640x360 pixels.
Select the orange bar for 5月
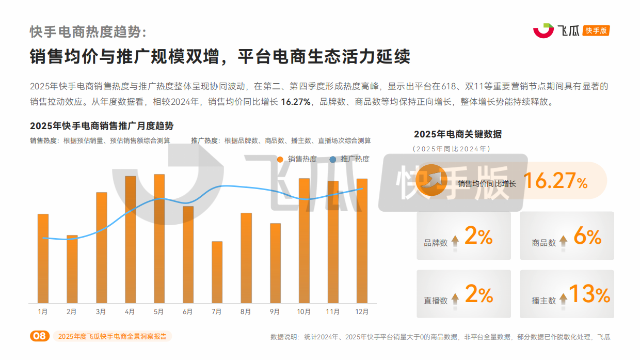(x=159, y=239)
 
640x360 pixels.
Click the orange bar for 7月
(x=217, y=272)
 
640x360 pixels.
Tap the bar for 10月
(x=304, y=241)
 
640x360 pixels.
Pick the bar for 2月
(x=72, y=269)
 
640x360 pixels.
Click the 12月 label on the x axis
(x=362, y=312)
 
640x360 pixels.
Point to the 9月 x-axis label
(x=275, y=312)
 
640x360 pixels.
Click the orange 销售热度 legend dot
(x=280, y=159)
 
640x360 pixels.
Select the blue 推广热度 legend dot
(x=333, y=159)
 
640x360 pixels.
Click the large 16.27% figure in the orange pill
(x=556, y=181)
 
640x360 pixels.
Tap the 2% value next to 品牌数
(x=478, y=237)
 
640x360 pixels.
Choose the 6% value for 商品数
(x=587, y=237)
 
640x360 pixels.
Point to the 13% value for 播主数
(x=589, y=294)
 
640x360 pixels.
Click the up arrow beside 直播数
(x=455, y=299)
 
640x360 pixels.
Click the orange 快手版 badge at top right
(x=596, y=31)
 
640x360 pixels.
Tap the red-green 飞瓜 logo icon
(x=543, y=31)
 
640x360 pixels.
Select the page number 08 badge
(x=39, y=336)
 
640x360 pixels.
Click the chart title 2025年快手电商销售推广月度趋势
(x=102, y=127)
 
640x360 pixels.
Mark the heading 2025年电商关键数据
(x=457, y=134)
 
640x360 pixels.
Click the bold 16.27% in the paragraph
(x=295, y=102)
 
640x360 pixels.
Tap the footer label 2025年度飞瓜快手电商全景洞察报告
(x=112, y=336)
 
